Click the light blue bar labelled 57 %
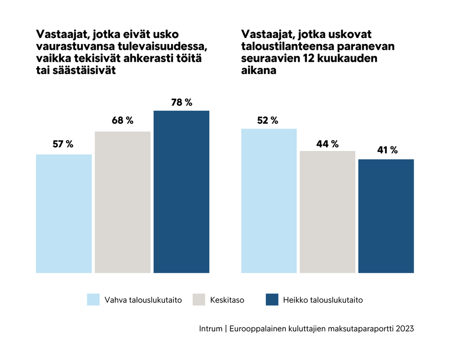[64, 213]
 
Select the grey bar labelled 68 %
[122, 202]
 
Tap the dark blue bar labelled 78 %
[181, 192]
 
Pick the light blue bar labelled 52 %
[269, 201]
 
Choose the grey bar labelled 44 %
[327, 212]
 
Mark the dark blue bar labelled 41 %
[386, 216]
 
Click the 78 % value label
[182, 103]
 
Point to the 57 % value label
[63, 144]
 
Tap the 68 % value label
[122, 120]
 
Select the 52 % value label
[267, 120]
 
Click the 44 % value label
[327, 144]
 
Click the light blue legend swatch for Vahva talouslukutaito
[93, 300]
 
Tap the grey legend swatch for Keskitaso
[199, 300]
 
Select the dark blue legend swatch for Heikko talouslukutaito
[272, 300]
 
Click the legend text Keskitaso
[227, 300]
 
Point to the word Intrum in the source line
[210, 329]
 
